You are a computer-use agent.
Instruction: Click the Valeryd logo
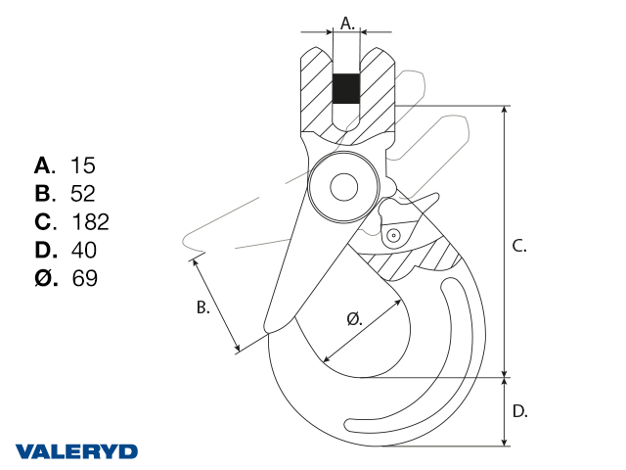76,451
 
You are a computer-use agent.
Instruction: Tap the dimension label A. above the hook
346,22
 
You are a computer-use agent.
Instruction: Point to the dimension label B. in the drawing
203,307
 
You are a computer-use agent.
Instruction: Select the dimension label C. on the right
520,246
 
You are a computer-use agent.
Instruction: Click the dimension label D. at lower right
520,411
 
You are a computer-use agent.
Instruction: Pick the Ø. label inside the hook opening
355,318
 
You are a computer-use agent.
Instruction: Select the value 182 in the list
90,221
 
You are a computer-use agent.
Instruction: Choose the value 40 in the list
84,250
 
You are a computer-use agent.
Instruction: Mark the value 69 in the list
84,278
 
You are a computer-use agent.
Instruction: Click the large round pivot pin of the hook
343,186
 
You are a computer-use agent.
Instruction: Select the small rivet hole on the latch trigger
392,235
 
